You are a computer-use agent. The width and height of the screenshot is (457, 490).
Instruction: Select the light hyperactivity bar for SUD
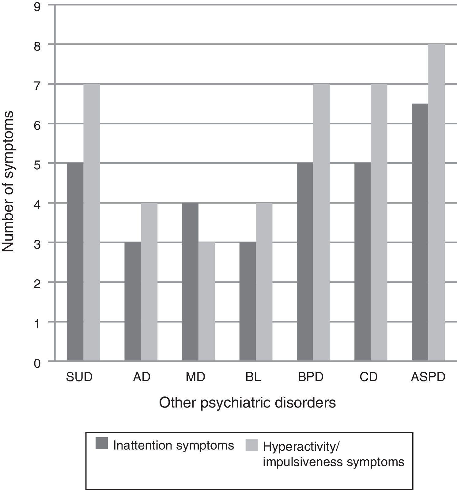[x=92, y=222]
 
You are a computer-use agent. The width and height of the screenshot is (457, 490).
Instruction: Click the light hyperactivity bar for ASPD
[x=436, y=202]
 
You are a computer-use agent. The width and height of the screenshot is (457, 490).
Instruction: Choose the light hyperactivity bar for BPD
[x=321, y=222]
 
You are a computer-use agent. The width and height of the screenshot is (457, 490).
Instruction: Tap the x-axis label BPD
[x=311, y=377]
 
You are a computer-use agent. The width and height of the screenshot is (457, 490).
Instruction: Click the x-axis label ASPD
[x=428, y=377]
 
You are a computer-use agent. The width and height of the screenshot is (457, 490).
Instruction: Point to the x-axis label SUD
[x=79, y=377]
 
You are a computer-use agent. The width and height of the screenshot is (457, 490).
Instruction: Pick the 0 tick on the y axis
[x=37, y=364]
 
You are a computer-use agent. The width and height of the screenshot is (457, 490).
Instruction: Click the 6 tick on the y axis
[x=37, y=126]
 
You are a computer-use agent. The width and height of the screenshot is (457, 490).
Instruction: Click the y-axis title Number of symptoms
[x=8, y=182]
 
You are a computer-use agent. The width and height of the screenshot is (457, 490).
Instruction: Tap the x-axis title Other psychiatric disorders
[x=247, y=403]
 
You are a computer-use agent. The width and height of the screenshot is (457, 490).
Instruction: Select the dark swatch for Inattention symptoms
[x=102, y=443]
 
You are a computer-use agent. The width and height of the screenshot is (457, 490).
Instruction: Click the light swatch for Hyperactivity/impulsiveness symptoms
[x=251, y=446]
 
